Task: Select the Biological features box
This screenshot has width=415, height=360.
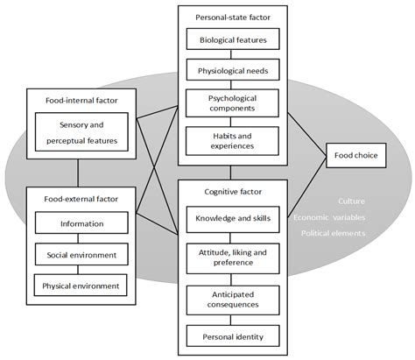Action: (x=233, y=39)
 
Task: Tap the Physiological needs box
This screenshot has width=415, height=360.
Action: (x=233, y=71)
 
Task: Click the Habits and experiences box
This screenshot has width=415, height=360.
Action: (x=233, y=141)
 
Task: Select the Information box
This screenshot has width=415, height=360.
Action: (x=81, y=223)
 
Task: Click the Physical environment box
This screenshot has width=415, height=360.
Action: (x=81, y=285)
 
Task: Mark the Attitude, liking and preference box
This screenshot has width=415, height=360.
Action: (x=233, y=257)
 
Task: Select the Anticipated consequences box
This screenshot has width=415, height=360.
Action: (x=233, y=299)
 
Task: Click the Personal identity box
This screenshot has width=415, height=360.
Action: (x=233, y=336)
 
